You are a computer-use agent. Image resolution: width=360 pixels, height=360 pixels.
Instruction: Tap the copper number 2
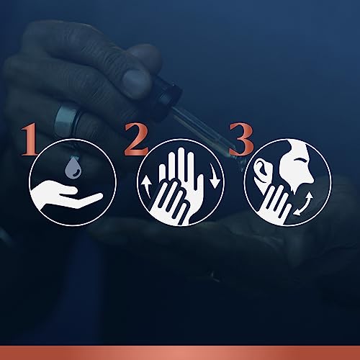(x=136, y=139)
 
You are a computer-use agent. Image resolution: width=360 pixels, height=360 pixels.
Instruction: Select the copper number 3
(x=241, y=139)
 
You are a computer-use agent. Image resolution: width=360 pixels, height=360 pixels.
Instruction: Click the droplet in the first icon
(x=73, y=168)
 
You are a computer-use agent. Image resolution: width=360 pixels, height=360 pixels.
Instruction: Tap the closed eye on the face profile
(x=301, y=160)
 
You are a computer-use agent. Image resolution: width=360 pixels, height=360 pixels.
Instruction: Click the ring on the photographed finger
(x=66, y=119)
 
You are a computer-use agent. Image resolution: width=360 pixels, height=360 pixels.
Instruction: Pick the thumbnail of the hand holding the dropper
(x=135, y=78)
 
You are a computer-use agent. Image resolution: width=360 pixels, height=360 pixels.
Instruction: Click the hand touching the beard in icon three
(x=276, y=204)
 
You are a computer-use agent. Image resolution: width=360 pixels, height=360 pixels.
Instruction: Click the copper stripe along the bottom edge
(x=180, y=353)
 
